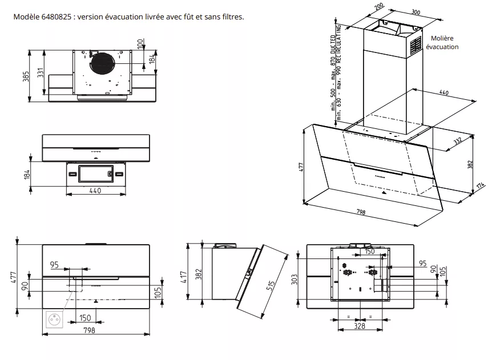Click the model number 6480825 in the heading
(55, 16)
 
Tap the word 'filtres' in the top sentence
(232, 16)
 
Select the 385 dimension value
(26, 77)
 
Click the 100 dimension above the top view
(140, 43)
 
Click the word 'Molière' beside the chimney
(445, 38)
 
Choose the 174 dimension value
(480, 186)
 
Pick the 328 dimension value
(359, 326)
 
